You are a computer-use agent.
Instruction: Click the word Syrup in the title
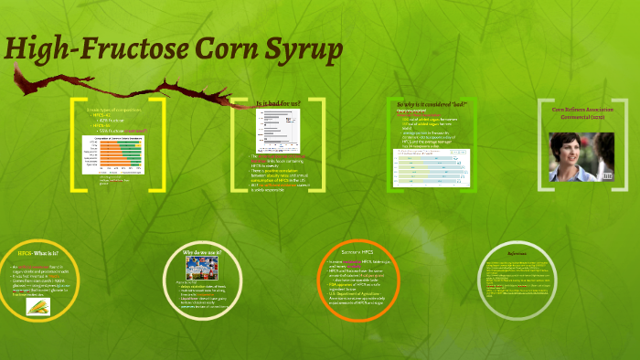coord(293,52)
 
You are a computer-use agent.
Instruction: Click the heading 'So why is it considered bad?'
coord(431,104)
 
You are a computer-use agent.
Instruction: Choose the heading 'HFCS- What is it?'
coord(37,253)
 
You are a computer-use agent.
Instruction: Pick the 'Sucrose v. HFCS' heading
coord(358,250)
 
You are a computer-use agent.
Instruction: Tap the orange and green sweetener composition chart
coord(113,155)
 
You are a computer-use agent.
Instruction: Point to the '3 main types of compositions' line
coord(113,110)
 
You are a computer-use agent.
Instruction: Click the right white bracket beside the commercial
coord(627,144)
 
